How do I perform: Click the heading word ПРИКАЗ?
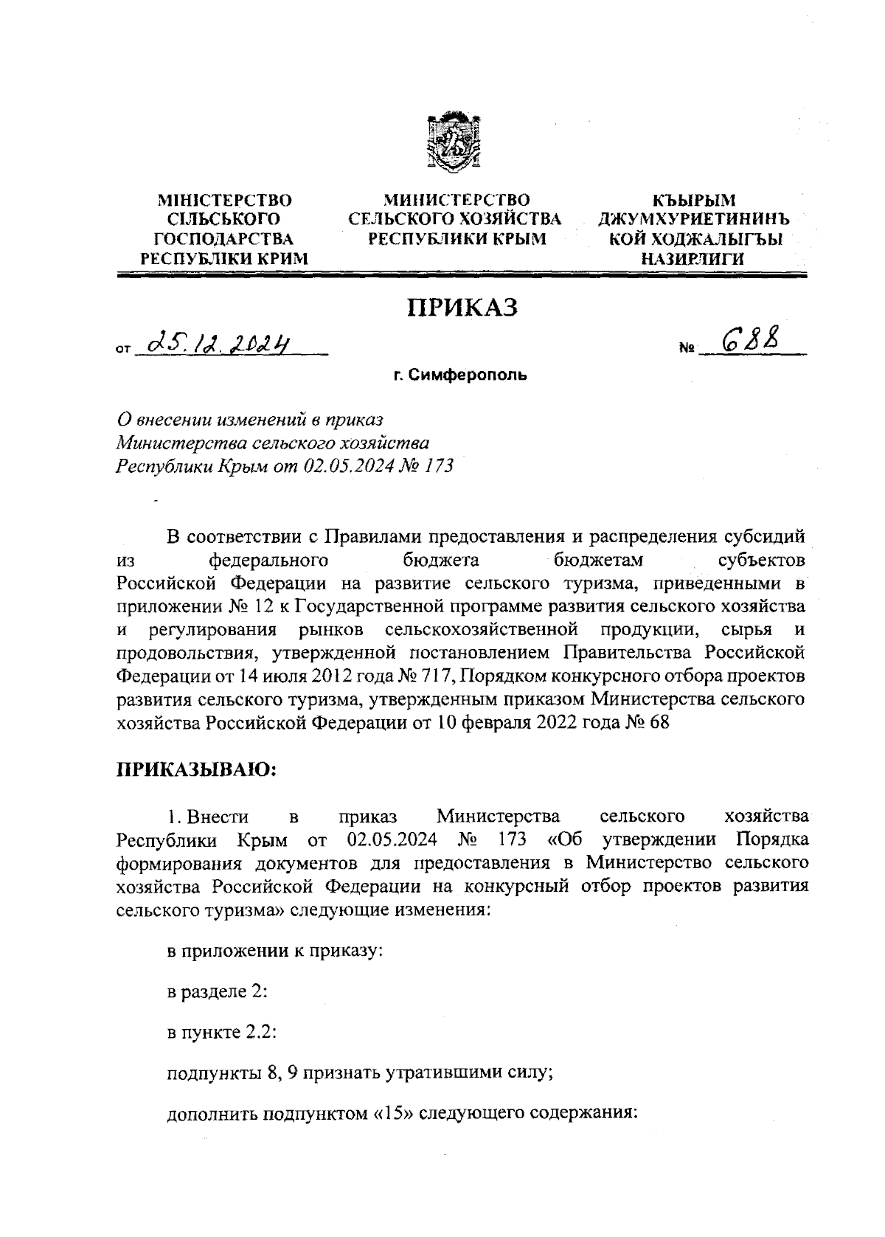(463, 308)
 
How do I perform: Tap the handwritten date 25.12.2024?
(218, 342)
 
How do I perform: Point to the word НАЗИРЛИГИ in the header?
(693, 259)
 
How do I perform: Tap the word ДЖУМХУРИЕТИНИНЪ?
(693, 220)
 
